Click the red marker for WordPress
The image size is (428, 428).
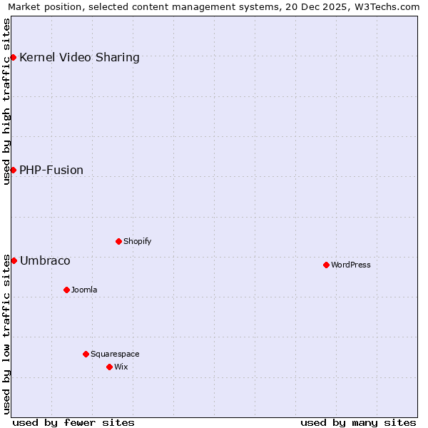click(x=326, y=265)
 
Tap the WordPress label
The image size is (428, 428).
click(x=351, y=265)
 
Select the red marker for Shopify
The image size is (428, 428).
click(x=118, y=241)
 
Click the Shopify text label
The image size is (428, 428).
click(x=138, y=241)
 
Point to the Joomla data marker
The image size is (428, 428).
click(x=66, y=290)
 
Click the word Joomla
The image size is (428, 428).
click(x=84, y=290)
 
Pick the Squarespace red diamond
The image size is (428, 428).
click(x=86, y=354)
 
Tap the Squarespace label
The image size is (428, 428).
click(x=115, y=354)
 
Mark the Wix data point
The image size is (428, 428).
click(x=109, y=367)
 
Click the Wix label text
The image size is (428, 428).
click(x=121, y=367)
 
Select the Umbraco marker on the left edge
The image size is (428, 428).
click(x=14, y=260)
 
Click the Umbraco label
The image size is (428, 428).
click(x=45, y=260)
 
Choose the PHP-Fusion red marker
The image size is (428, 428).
click(x=14, y=170)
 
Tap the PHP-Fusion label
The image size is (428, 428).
click(x=51, y=170)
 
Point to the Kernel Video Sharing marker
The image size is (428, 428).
click(x=14, y=57)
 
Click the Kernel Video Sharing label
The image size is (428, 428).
click(x=79, y=57)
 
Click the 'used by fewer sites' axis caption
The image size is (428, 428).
click(x=73, y=422)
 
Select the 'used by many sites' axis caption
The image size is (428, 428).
click(x=358, y=422)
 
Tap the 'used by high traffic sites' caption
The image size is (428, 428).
click(x=6, y=101)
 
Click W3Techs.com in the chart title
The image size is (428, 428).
click(x=385, y=7)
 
